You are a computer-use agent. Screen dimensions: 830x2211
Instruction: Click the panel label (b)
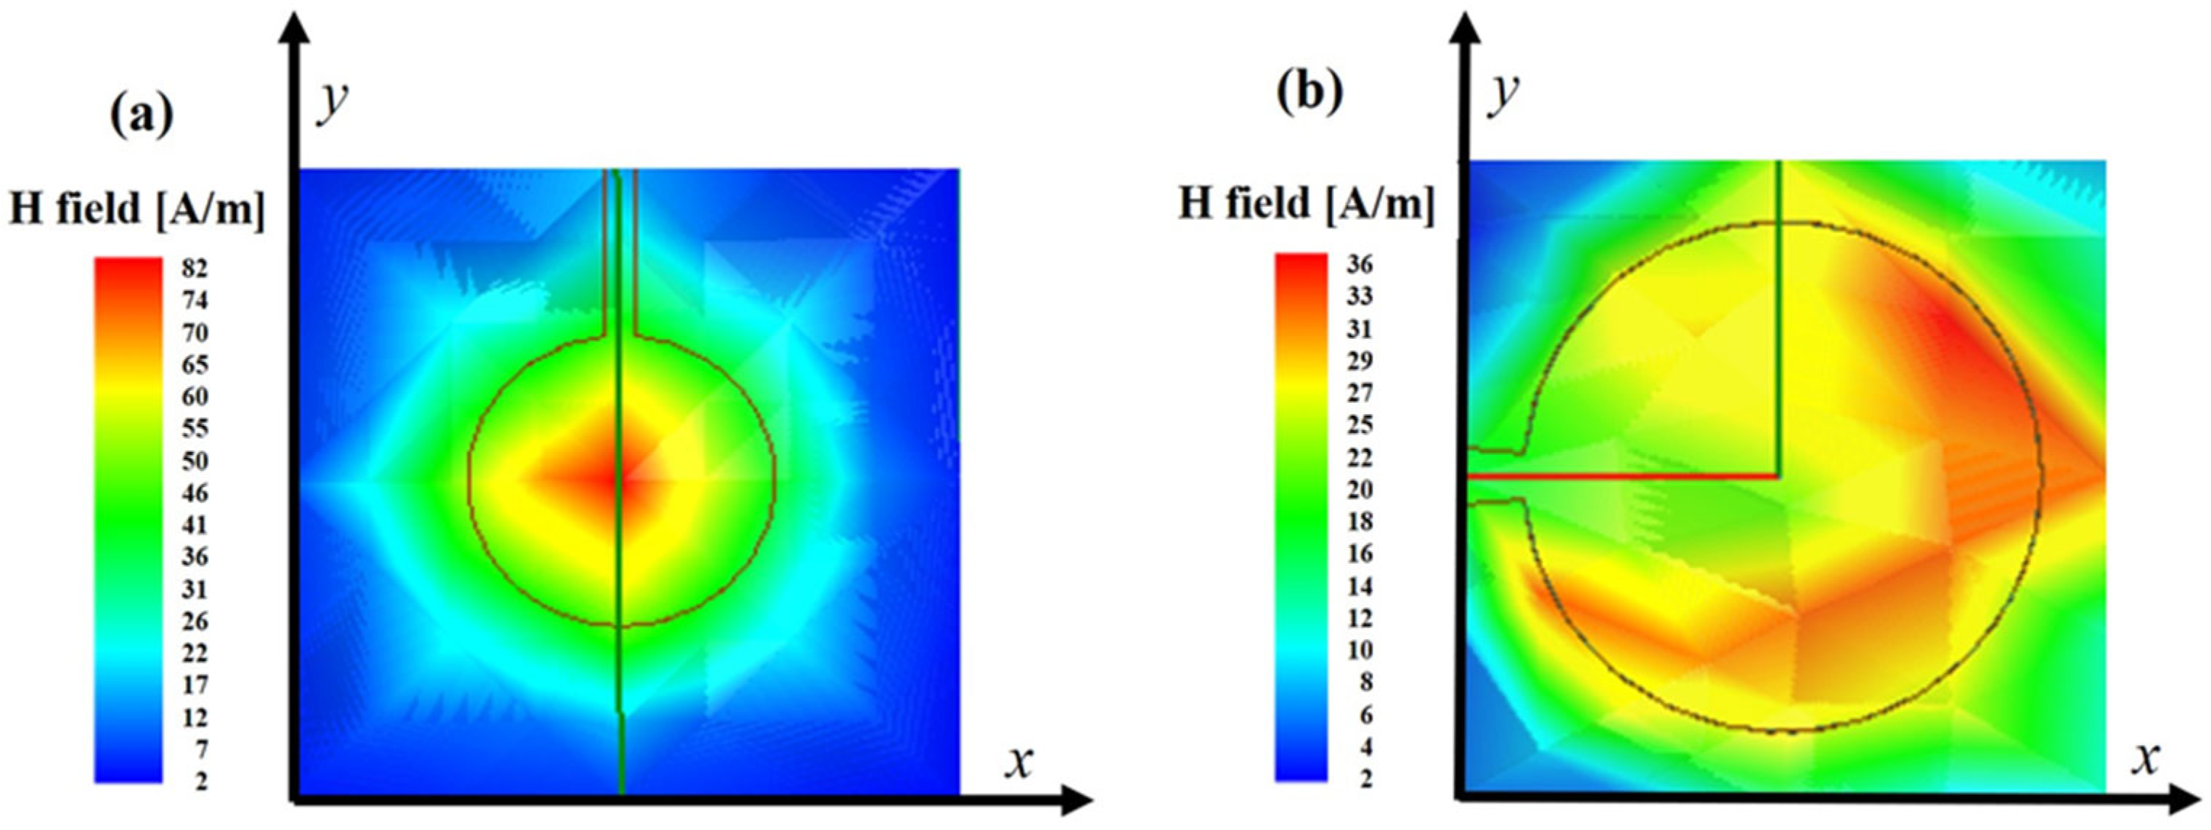point(1309,94)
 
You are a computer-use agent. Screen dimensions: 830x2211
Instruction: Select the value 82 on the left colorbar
point(195,268)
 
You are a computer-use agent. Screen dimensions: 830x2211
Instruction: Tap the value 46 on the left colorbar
point(195,493)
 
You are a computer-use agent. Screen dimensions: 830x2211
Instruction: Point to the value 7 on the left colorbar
point(200,749)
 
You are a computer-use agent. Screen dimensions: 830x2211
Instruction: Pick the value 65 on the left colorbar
point(195,365)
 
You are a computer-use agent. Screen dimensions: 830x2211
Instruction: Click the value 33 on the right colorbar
point(1360,297)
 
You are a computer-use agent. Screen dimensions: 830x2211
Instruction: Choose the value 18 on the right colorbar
point(1360,522)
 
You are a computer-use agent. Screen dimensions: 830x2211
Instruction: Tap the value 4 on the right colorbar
point(1365,747)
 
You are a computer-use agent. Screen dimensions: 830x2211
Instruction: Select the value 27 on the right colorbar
point(1360,393)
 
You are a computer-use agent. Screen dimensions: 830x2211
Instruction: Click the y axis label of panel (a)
point(333,102)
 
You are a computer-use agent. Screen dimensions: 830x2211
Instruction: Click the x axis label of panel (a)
point(1019,760)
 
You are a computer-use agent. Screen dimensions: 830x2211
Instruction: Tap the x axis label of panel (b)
point(2145,758)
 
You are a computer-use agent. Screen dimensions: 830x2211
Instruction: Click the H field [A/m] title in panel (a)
point(137,208)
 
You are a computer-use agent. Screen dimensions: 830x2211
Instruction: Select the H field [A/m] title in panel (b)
point(1307,205)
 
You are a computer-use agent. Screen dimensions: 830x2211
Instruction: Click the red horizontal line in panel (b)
point(1622,474)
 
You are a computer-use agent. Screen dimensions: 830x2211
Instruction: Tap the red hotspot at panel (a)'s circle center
point(616,482)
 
